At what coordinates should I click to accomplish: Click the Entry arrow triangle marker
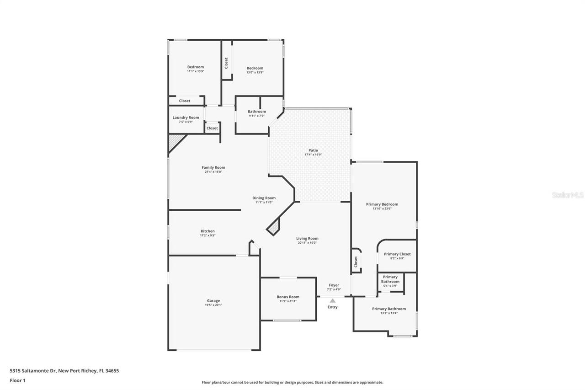coord(333,300)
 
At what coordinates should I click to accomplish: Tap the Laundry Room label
coord(186,118)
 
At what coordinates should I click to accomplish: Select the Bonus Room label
coord(288,297)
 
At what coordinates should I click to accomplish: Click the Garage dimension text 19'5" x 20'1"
coord(214,305)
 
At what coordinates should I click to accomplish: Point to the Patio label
coord(313,150)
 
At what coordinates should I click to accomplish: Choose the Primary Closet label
coord(397,254)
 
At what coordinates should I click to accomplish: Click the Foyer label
coord(334,285)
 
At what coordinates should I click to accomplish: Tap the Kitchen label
coord(207,231)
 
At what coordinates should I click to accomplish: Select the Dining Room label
coord(264,198)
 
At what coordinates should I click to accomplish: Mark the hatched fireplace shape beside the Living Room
coord(273,227)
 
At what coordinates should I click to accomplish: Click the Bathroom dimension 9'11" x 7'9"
coord(257,116)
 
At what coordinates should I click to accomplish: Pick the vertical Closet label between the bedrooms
coord(226,63)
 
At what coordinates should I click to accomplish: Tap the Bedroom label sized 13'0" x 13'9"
coord(255,68)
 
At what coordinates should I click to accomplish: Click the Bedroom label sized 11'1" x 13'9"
coord(196,67)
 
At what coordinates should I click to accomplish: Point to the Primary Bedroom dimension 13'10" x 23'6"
coord(382,208)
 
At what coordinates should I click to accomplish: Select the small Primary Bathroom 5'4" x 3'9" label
coord(390,279)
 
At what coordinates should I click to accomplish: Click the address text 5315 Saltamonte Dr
coord(33,371)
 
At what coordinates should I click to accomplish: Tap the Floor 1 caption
coord(17,380)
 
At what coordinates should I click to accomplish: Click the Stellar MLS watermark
coord(568,195)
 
